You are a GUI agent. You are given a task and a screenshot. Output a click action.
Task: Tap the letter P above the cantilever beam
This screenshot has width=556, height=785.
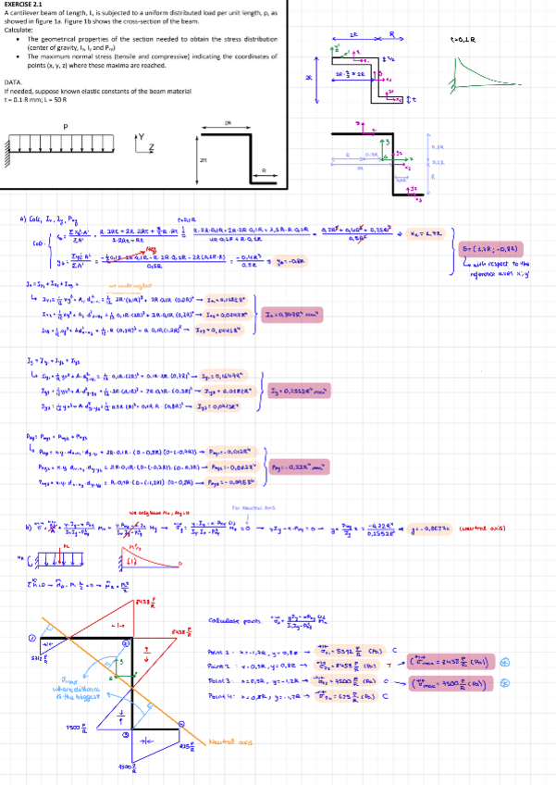tap(65, 127)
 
